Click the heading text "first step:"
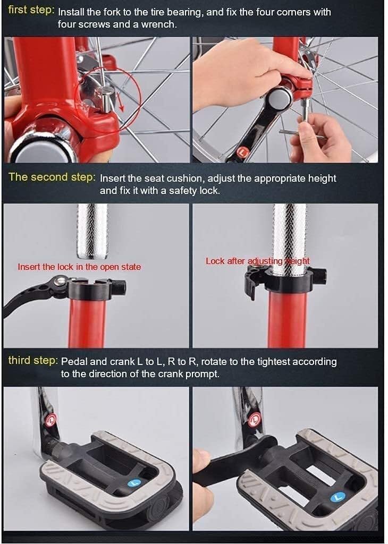coord(31,10)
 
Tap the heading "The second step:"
coord(52,177)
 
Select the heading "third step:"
coord(33,361)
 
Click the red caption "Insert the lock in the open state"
coord(79,267)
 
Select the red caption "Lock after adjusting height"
coord(257,261)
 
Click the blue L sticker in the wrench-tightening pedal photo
coord(336,498)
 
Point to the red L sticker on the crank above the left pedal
coord(52,421)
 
